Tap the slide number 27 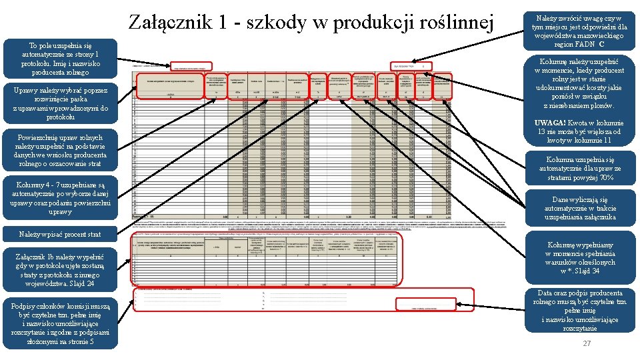pos(587,343)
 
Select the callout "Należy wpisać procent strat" pos(60,234)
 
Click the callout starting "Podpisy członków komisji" pos(60,323)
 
